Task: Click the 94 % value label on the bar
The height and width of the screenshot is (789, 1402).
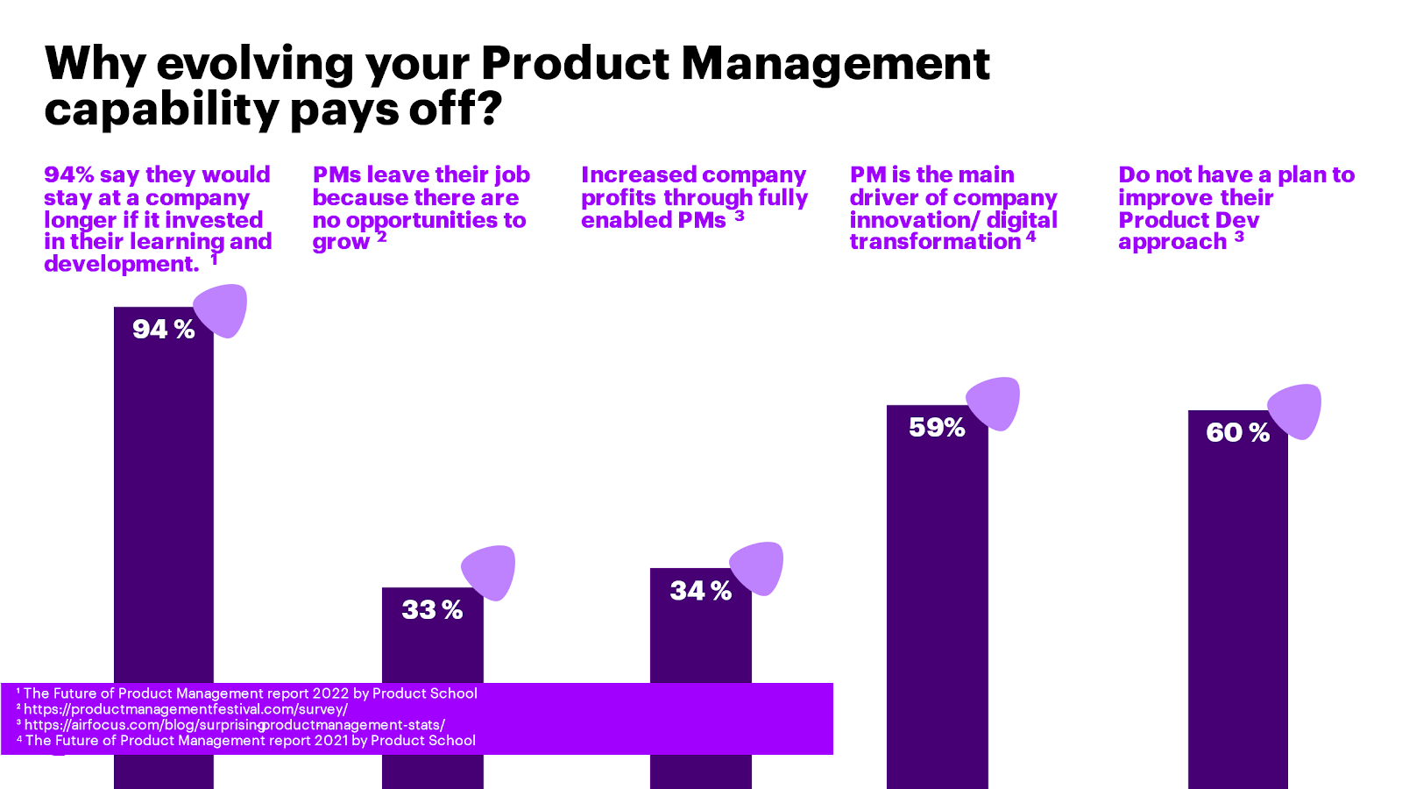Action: pos(163,329)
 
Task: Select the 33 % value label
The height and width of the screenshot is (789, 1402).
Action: pos(432,609)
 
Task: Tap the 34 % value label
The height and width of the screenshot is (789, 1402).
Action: pos(700,591)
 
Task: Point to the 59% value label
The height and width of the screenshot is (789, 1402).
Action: pos(937,427)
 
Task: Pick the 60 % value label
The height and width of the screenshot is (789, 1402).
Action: pos(1237,432)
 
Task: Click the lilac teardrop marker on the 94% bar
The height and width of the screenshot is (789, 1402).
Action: pos(221,310)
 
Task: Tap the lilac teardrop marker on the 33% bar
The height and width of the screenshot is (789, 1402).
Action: pos(489,572)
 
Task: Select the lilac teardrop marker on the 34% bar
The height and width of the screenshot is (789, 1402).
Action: pos(757,568)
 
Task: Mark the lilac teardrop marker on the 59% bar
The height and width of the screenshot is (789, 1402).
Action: pos(994,403)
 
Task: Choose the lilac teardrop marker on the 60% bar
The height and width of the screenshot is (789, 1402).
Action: pos(1295,410)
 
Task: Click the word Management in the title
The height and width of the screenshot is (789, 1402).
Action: pos(835,63)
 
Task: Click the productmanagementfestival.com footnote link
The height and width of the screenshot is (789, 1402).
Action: pos(186,709)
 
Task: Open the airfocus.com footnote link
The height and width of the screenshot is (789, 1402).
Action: pos(235,725)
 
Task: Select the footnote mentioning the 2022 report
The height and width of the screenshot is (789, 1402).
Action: pos(251,693)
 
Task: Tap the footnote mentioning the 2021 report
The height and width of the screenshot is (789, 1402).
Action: pos(251,741)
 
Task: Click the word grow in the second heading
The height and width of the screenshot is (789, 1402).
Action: pos(341,243)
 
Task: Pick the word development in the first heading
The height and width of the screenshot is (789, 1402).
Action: pos(122,264)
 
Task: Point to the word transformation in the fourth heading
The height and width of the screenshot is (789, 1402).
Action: pos(935,242)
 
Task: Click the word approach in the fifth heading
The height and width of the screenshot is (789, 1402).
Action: pos(1172,243)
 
